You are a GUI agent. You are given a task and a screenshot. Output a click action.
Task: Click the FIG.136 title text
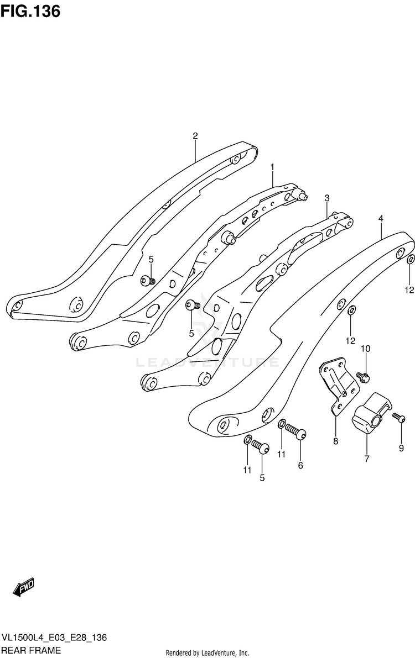tap(30, 11)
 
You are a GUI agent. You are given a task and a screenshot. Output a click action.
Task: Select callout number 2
tap(195, 136)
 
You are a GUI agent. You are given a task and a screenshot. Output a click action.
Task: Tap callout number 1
tap(272, 166)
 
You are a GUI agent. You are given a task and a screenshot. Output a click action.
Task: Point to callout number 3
tap(327, 198)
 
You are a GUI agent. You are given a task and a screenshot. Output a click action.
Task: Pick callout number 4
tap(381, 219)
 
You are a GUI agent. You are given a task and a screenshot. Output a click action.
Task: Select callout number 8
tap(335, 440)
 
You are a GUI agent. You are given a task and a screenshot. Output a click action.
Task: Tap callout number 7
tap(366, 458)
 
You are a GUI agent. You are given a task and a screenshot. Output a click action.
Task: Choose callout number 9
tap(401, 449)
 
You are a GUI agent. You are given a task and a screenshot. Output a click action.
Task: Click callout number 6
tap(300, 465)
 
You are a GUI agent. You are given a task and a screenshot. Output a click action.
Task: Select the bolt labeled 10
tap(363, 376)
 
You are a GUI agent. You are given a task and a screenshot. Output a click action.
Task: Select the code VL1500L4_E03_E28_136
tap(55, 639)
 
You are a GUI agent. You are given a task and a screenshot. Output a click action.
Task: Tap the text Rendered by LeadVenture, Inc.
tap(207, 652)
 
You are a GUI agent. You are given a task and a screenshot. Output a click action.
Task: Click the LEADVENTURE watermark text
tap(207, 363)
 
